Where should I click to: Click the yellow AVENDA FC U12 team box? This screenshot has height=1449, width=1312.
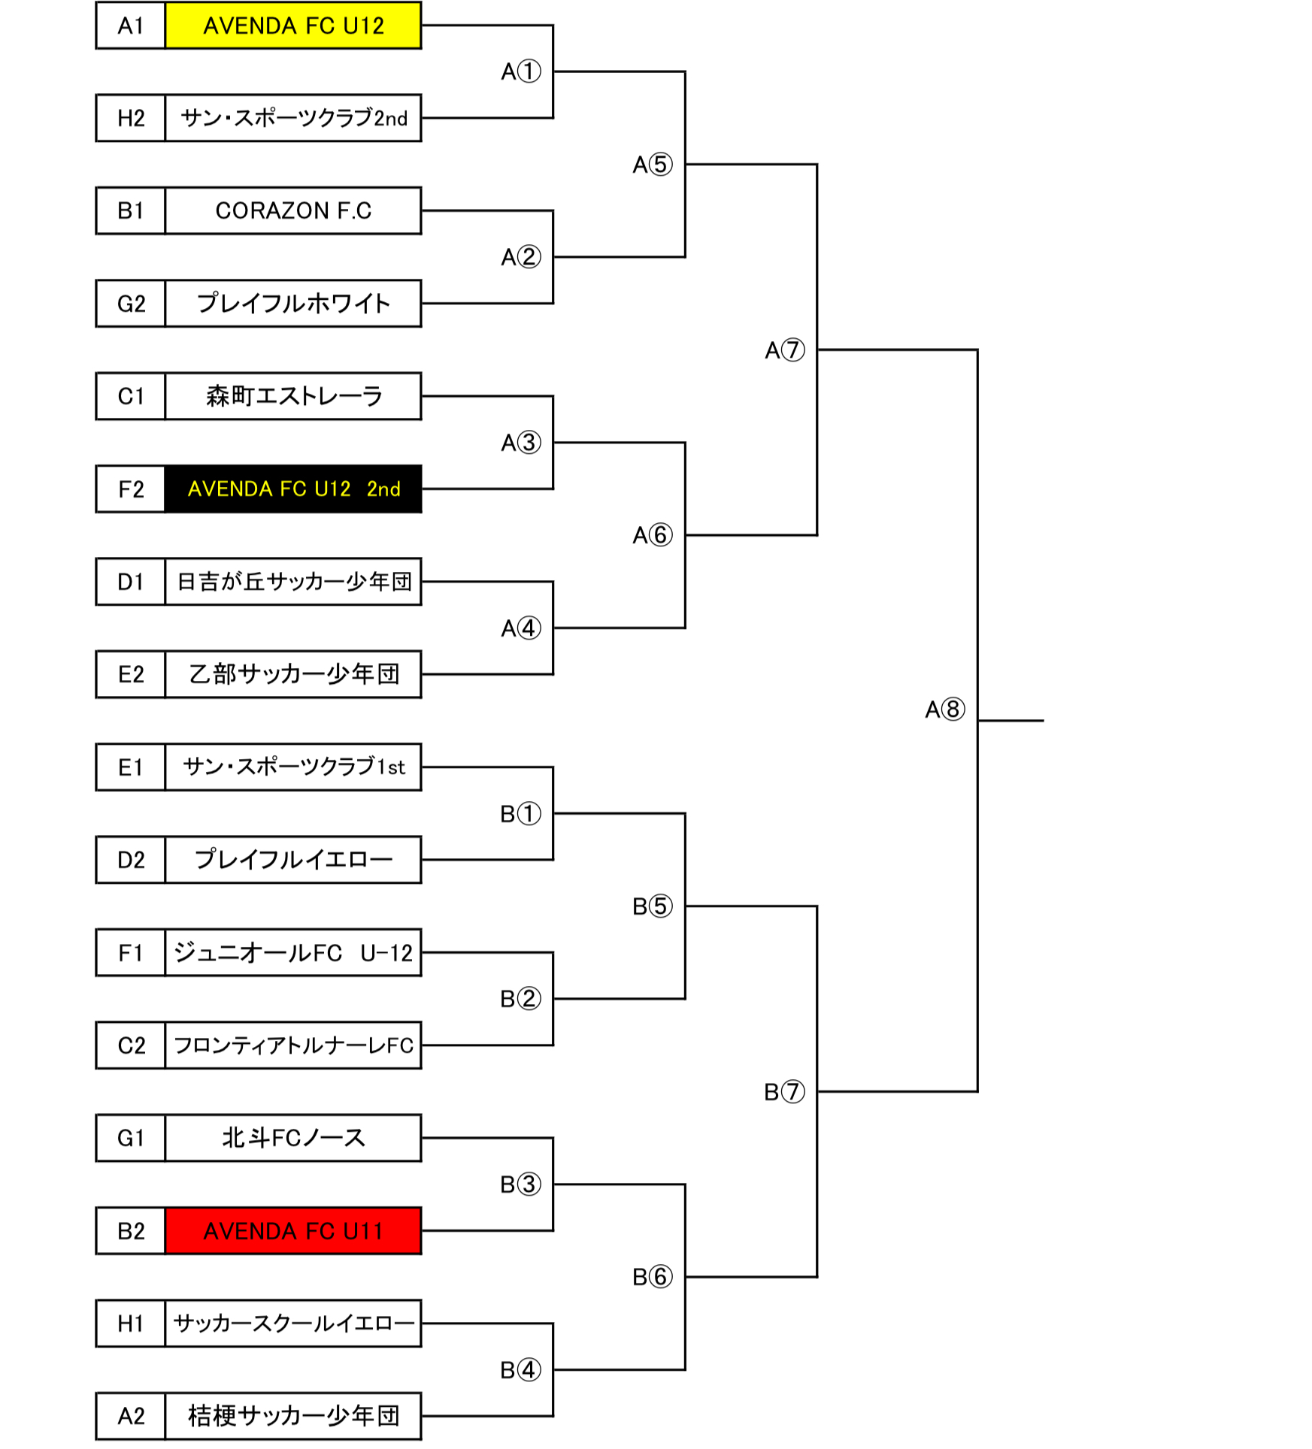coord(292,26)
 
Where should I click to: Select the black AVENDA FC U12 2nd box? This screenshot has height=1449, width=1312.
coord(292,489)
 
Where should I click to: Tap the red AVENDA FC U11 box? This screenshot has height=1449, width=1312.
coord(292,1231)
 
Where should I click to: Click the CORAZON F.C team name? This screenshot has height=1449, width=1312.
coord(292,210)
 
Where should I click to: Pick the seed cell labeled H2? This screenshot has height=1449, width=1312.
coord(131,118)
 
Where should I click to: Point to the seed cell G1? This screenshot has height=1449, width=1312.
coord(131,1138)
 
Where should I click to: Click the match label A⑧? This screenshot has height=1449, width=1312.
coord(944,709)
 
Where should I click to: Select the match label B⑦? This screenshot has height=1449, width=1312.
coord(784,1091)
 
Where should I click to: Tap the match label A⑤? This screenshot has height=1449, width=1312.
coord(652,165)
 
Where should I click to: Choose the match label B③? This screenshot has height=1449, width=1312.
coord(520,1184)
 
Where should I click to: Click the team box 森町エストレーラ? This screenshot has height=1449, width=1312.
coord(292,396)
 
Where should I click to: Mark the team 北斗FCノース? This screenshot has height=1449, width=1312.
coord(292,1138)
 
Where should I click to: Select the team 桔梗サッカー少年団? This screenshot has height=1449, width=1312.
coord(292,1416)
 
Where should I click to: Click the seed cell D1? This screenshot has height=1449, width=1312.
coord(131,582)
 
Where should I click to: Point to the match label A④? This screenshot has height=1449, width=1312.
coord(520,628)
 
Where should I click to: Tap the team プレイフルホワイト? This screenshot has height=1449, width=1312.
coord(292,304)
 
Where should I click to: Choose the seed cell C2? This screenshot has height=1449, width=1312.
coord(131,1045)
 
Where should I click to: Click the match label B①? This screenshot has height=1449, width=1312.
coord(520,814)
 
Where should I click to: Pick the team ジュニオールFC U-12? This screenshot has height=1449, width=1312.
coord(292,953)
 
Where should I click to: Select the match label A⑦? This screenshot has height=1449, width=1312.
coord(784,350)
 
